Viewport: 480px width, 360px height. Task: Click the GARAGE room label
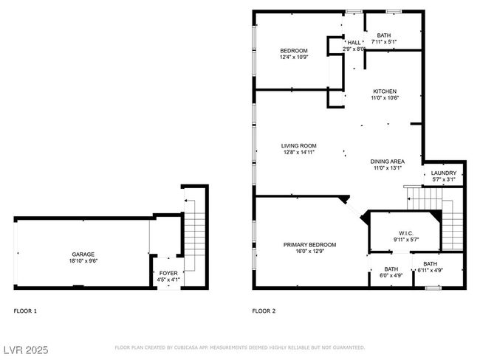click(x=83, y=255)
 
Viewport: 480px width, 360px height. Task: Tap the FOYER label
click(x=168, y=273)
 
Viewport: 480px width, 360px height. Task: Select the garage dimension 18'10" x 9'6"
click(x=83, y=261)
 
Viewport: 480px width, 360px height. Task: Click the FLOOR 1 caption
click(x=25, y=311)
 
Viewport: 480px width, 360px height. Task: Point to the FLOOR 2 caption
click(x=264, y=311)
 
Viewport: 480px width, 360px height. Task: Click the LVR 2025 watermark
click(x=26, y=350)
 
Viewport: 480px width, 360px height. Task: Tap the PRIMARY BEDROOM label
click(x=309, y=245)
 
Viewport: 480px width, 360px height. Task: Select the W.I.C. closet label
click(x=406, y=233)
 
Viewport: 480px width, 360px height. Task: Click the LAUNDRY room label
click(x=444, y=173)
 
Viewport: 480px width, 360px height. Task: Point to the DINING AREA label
click(x=387, y=162)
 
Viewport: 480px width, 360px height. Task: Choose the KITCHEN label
click(x=385, y=91)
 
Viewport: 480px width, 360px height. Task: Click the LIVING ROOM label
click(x=299, y=146)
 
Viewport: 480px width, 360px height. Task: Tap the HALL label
click(x=354, y=43)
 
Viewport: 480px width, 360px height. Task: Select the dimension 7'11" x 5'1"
click(x=384, y=42)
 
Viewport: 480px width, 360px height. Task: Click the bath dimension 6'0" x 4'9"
click(x=391, y=275)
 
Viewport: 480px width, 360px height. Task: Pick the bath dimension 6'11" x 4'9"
click(x=430, y=271)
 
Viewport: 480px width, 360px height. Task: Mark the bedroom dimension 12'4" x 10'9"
click(x=294, y=58)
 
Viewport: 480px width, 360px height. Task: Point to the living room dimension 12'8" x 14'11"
click(x=299, y=152)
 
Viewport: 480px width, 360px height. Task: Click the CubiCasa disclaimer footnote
click(x=240, y=347)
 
